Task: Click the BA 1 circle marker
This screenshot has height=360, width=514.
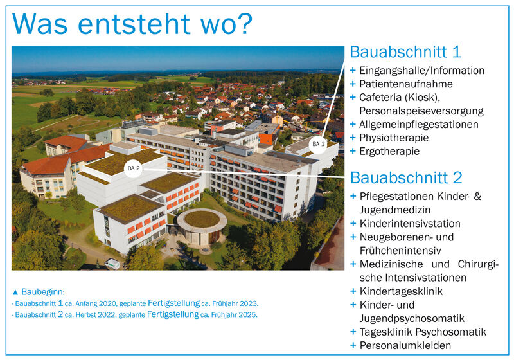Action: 318,144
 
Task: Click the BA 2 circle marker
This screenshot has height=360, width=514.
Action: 134,168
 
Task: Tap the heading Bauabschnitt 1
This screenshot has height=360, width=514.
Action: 406,52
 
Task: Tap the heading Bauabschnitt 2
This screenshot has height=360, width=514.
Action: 406,177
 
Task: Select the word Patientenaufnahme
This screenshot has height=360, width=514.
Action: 406,84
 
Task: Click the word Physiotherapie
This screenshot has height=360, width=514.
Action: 394,138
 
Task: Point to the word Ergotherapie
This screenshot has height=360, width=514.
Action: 389,151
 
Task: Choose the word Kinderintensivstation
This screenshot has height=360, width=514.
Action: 410,224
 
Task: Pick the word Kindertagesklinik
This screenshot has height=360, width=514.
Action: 401,291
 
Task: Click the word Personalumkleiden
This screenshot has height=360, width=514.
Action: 405,345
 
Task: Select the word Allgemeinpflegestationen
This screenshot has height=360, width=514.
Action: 419,125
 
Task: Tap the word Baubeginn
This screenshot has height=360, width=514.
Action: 43,292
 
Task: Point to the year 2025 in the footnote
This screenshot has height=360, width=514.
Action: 248,315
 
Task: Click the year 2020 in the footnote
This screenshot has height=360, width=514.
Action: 107,303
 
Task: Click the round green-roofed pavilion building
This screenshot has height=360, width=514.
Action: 202,226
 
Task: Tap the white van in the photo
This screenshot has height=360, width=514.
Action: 112,264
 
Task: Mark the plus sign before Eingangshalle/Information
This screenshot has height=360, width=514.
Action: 353,71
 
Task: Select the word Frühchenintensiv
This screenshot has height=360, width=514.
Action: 400,251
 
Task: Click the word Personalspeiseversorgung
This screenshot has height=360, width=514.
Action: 421,111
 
